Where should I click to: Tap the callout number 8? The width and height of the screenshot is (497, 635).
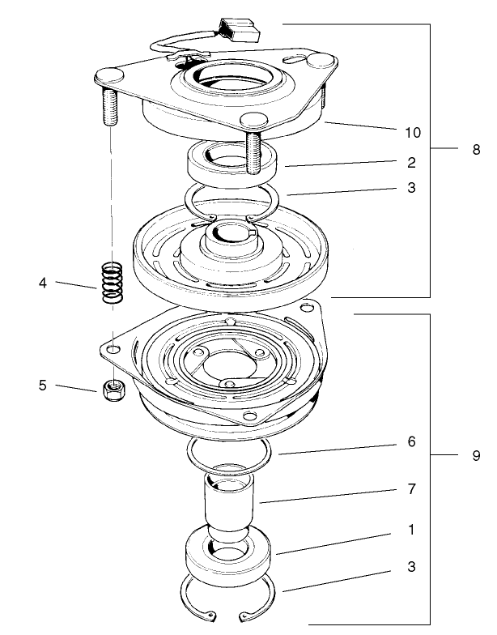[x=476, y=150]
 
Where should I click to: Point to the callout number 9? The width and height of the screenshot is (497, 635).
[x=476, y=456]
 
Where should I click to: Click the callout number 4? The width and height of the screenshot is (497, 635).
[x=41, y=283]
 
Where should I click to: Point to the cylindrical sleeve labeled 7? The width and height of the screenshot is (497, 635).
[x=228, y=506]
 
